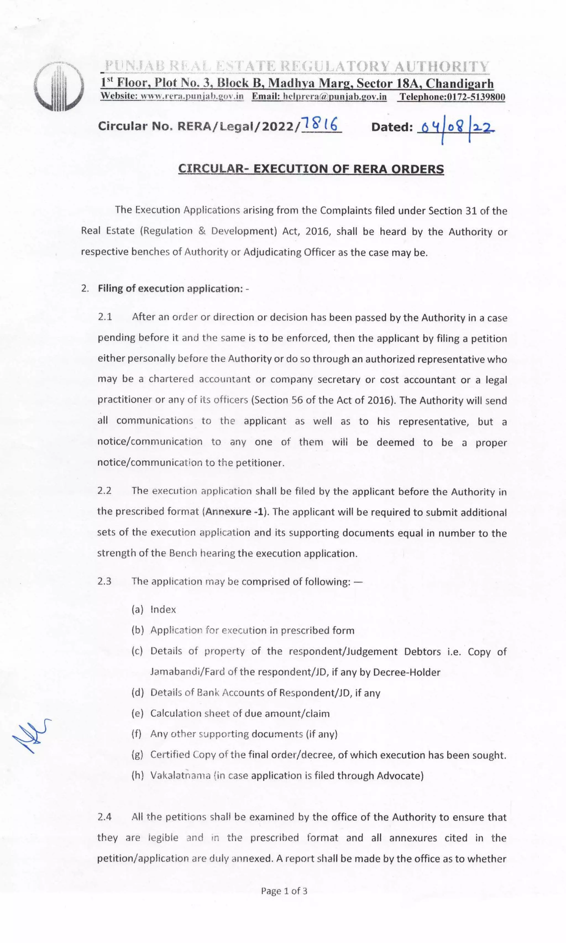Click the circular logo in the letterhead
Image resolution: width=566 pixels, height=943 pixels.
tap(59, 87)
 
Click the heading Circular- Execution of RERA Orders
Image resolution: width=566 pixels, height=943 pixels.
tap(311, 169)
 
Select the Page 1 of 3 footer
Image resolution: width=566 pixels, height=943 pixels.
tap(284, 891)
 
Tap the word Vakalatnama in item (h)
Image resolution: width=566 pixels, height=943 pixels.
tap(180, 775)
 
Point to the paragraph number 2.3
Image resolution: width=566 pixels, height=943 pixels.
tap(104, 581)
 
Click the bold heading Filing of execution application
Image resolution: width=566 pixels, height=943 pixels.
tap(171, 288)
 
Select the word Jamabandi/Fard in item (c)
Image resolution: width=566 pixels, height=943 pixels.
tap(187, 672)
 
